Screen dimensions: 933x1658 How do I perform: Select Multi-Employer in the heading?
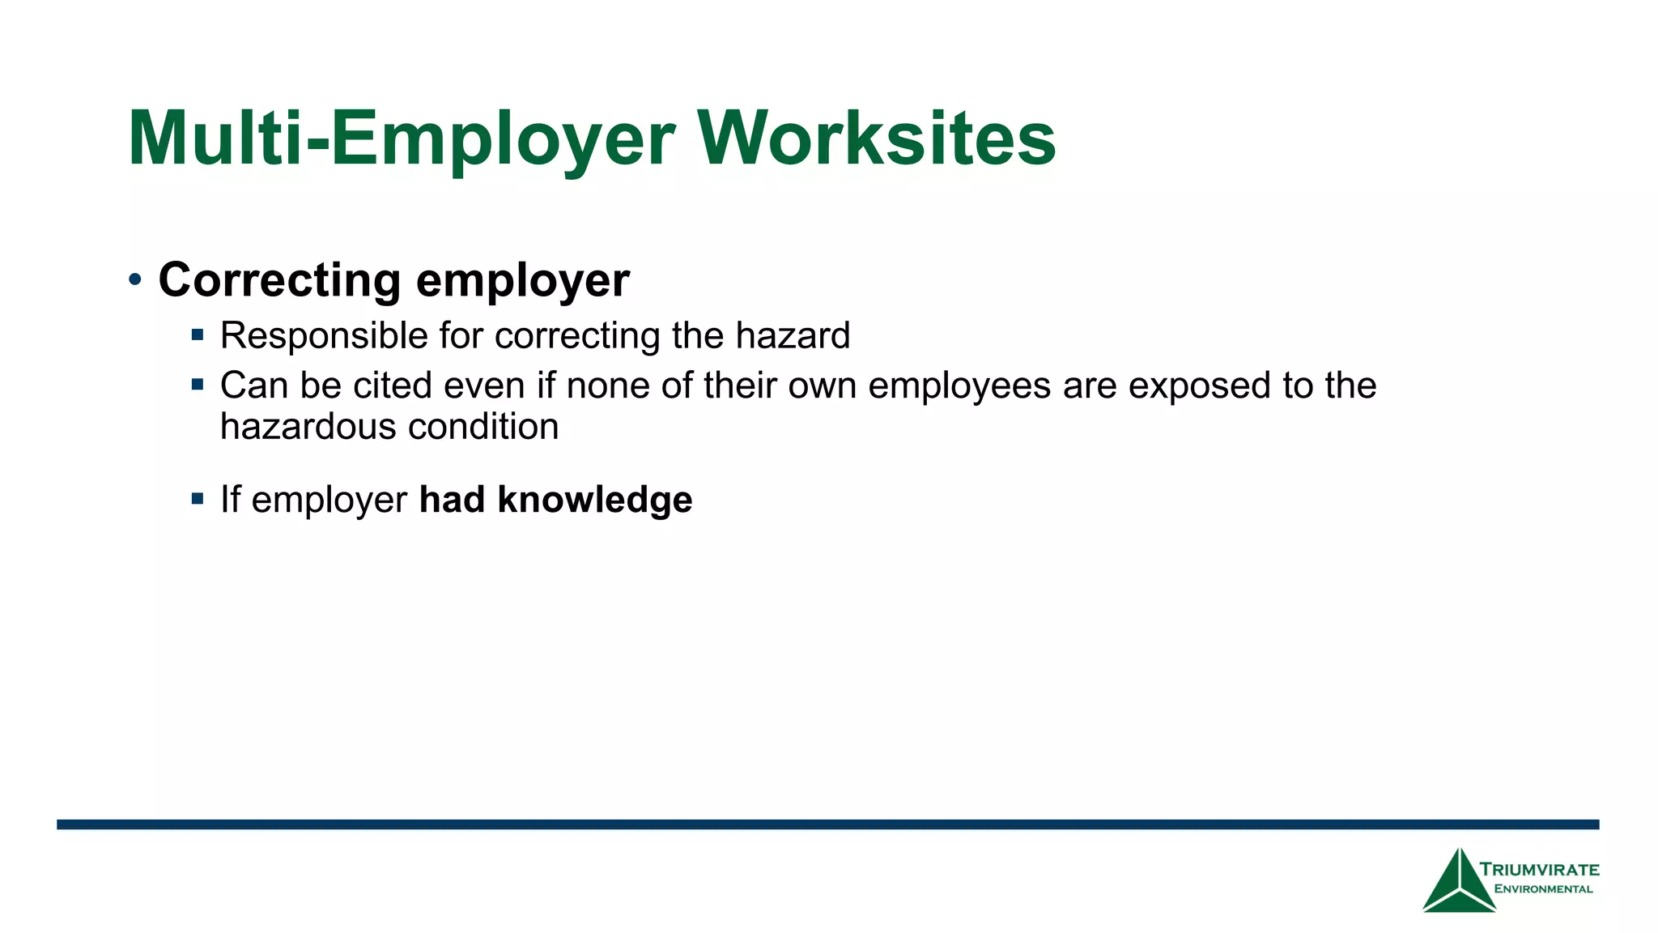click(x=402, y=139)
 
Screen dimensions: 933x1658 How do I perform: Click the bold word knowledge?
click(x=595, y=500)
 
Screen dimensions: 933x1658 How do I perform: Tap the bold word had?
click(x=452, y=500)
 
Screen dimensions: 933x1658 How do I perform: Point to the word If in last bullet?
click(x=230, y=500)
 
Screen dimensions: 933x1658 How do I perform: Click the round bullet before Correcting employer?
click(x=135, y=280)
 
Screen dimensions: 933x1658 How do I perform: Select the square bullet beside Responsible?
click(x=198, y=334)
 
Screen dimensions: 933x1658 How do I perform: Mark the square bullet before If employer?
click(x=198, y=498)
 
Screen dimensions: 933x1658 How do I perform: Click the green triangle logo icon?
click(x=1459, y=883)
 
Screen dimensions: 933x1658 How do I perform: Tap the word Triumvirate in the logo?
click(x=1539, y=870)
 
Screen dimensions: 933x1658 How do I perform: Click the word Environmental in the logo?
click(x=1543, y=889)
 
